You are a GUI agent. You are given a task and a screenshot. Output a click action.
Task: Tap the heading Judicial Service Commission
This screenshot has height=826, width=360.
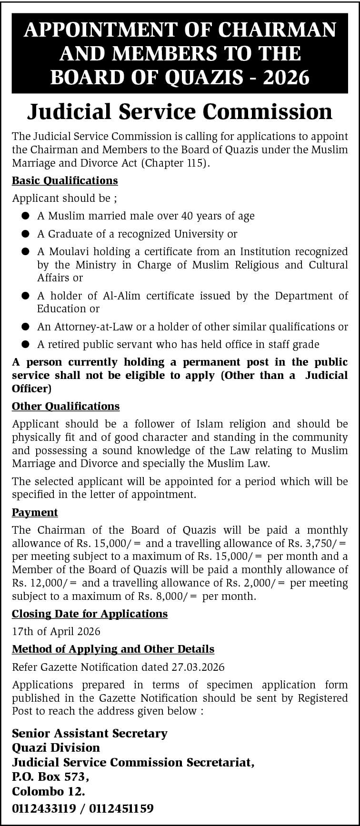point(180,111)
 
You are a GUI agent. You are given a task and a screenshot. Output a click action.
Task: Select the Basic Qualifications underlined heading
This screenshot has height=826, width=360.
point(65,181)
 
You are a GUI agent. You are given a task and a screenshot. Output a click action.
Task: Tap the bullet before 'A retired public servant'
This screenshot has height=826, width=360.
point(25,344)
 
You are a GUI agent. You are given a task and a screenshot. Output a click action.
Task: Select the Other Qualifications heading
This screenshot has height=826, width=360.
point(66,407)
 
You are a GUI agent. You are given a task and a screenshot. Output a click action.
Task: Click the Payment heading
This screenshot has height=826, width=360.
point(35,513)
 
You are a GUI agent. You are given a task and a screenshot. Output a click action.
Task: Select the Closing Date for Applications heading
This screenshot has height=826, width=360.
point(90,614)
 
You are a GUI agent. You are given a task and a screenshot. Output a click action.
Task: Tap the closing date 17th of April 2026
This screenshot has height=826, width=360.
point(56,632)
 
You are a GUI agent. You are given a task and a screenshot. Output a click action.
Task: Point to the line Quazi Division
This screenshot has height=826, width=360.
point(56,747)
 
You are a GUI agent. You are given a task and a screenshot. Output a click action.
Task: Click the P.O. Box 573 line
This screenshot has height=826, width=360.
point(50,777)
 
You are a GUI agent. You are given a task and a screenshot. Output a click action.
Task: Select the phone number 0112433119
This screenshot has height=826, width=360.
point(44,808)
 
